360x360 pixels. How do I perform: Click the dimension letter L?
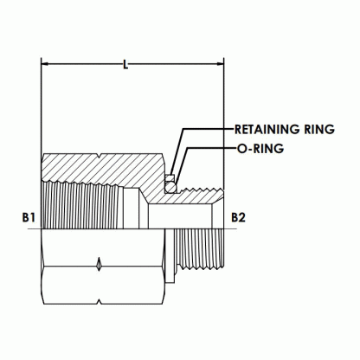pyautogui.click(x=125, y=65)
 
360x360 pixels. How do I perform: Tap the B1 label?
pyautogui.click(x=29, y=217)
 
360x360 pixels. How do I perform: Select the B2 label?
pyautogui.click(x=238, y=217)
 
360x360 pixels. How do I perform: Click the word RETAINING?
pyautogui.click(x=267, y=129)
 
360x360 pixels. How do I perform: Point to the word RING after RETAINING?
pyautogui.click(x=319, y=129)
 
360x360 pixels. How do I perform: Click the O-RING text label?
pyautogui.click(x=260, y=149)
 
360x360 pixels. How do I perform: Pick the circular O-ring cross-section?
pyautogui.click(x=171, y=187)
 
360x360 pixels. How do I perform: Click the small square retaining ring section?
pyautogui.click(x=170, y=177)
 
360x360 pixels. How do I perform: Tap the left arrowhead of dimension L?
pyautogui.click(x=45, y=64)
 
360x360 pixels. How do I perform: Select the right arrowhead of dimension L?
pyautogui.click(x=220, y=64)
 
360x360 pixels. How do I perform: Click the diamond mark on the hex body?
pyautogui.click(x=99, y=264)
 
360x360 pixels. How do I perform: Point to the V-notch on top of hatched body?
pyautogui.click(x=100, y=156)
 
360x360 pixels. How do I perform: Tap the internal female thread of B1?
pyautogui.click(x=83, y=204)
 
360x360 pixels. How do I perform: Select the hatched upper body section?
pyautogui.click(x=115, y=170)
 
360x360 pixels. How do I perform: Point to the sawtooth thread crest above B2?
pyautogui.click(x=202, y=190)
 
